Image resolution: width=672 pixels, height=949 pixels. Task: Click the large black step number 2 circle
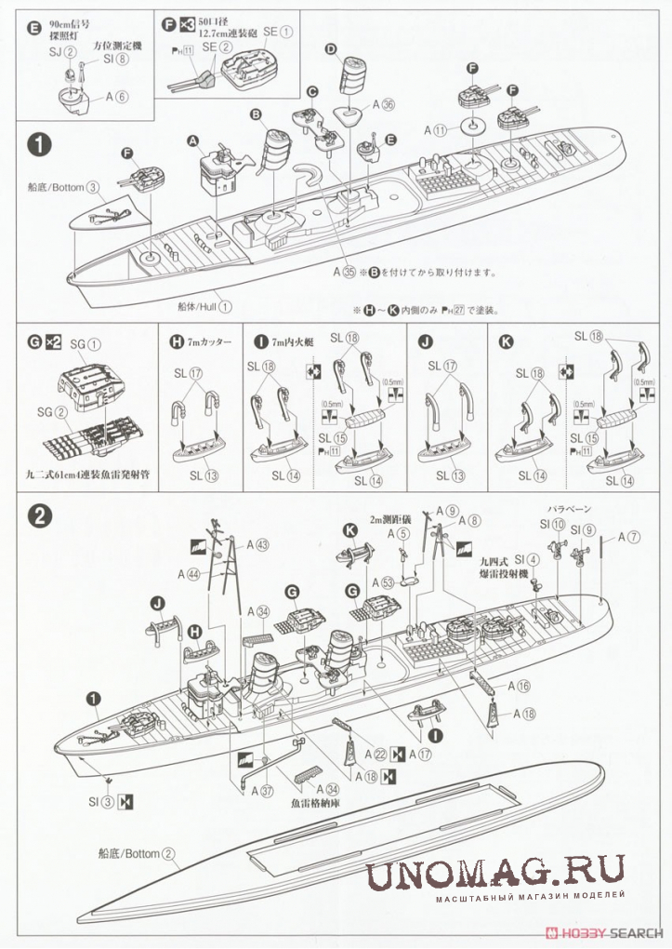point(38,516)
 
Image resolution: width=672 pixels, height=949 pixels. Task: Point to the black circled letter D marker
point(330,48)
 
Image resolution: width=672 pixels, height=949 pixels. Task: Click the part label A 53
point(385,583)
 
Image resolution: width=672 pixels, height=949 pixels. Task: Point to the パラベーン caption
point(568,509)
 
